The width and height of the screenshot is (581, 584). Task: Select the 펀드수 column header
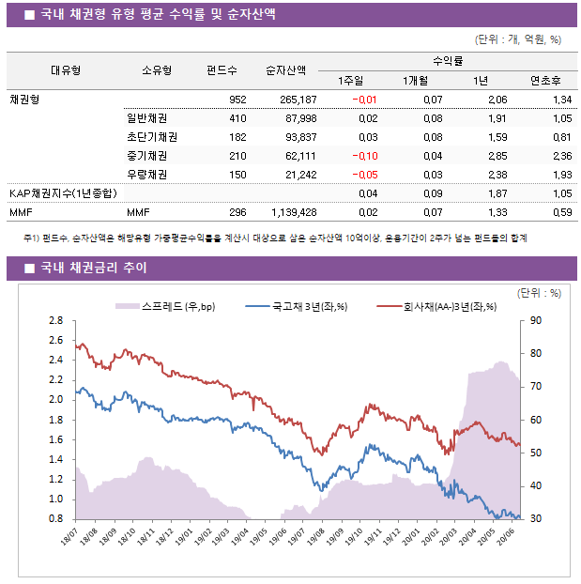(x=222, y=70)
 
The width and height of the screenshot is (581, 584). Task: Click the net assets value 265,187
(x=292, y=100)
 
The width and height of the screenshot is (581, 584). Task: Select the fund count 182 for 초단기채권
(x=237, y=137)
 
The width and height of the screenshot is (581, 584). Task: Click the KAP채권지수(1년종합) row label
(x=63, y=193)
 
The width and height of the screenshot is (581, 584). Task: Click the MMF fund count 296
(x=237, y=212)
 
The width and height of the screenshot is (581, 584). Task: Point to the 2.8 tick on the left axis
(x=55, y=320)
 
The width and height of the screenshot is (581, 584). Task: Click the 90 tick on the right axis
(x=536, y=320)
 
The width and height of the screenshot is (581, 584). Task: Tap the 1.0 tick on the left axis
(x=55, y=499)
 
